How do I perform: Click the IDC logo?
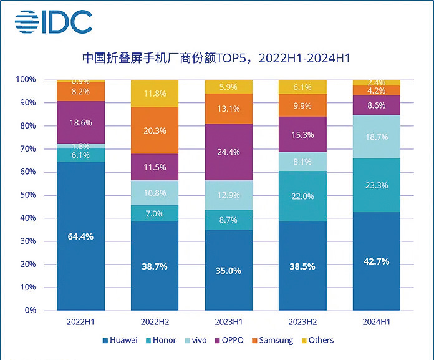[54, 22]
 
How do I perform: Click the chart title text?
[216, 59]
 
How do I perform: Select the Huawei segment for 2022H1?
[81, 236]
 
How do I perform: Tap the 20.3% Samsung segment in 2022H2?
[155, 130]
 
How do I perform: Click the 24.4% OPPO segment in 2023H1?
[229, 151]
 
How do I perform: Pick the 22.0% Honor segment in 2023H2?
[303, 196]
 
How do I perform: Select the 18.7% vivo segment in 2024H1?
[377, 137]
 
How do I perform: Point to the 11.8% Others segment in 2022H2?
[155, 94]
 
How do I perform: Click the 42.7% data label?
[377, 261]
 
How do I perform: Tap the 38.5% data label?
[303, 266]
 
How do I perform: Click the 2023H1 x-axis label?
[229, 321]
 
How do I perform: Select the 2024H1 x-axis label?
[377, 321]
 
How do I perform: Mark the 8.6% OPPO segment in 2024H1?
[377, 105]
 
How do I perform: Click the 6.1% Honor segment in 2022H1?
[81, 155]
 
